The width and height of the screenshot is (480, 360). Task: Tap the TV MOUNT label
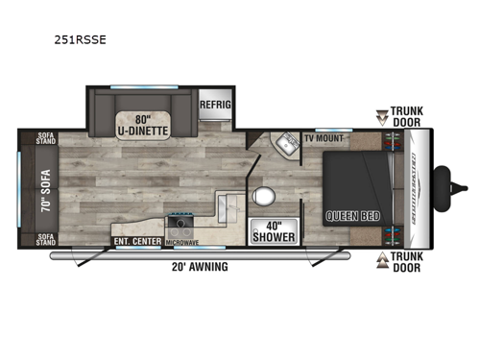pyautogui.click(x=324, y=138)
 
